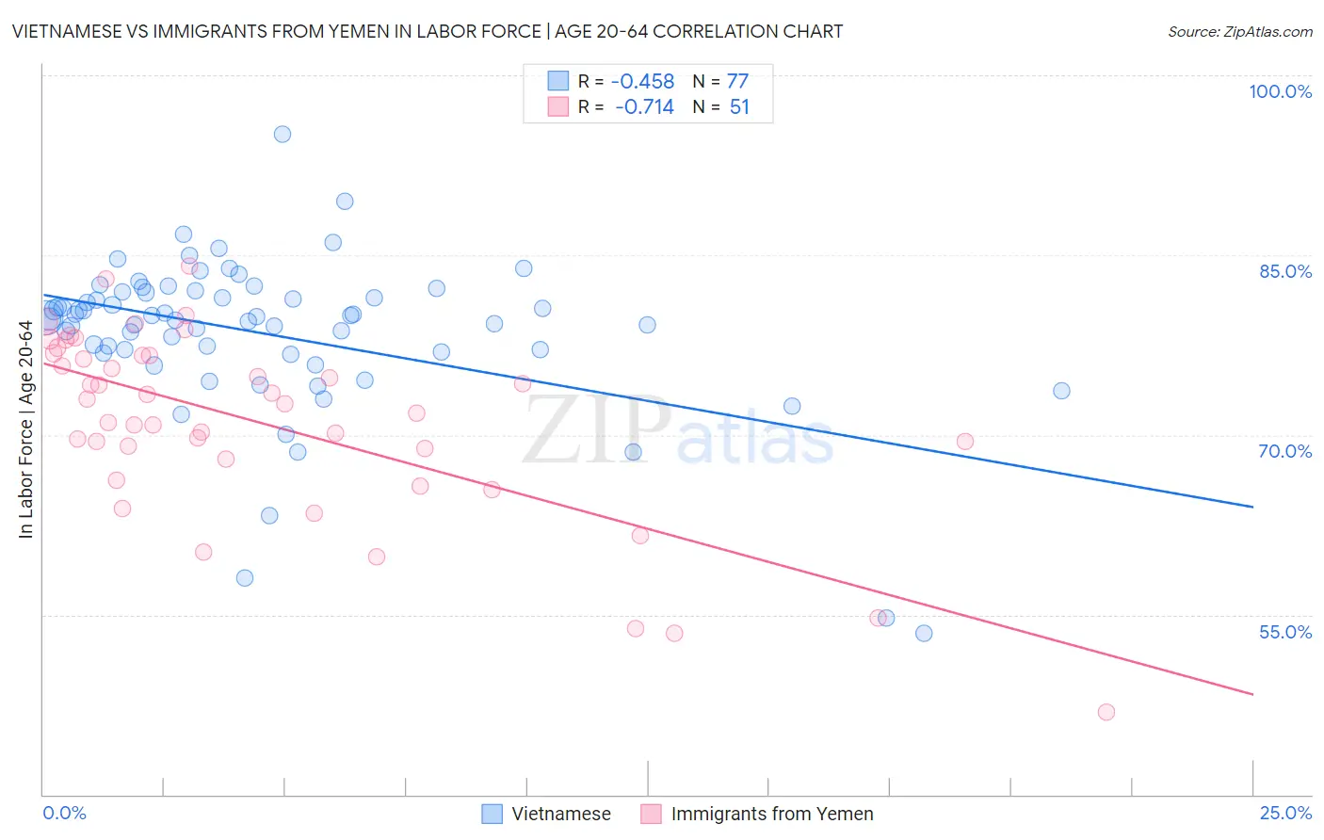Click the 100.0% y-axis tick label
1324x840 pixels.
point(1280,91)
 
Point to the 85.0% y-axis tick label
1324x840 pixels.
point(1285,271)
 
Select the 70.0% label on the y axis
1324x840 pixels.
point(1285,451)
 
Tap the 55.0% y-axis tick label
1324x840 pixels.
point(1285,632)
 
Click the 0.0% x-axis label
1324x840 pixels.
point(64,813)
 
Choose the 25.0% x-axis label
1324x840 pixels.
point(1285,813)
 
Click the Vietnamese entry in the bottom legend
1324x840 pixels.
point(560,814)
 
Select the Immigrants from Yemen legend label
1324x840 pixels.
point(771,814)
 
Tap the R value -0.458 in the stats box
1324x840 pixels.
point(644,81)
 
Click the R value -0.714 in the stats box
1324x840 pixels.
point(644,107)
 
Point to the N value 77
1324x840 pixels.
point(737,81)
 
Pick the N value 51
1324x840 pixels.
point(739,107)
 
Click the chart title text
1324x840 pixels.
point(427,31)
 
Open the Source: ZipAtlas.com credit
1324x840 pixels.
point(1239,31)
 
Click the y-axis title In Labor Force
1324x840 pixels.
point(25,429)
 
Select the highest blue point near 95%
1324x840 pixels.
point(283,134)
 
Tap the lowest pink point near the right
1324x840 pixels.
point(1106,712)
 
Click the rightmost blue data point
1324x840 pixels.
point(1061,391)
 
